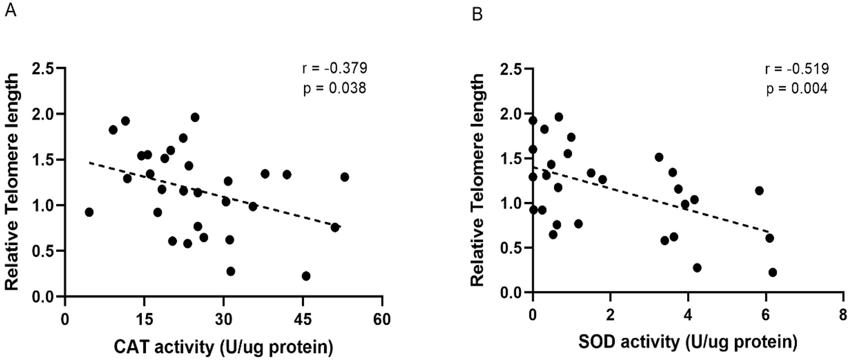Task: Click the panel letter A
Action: (x=10, y=10)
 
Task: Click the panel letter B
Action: (x=477, y=14)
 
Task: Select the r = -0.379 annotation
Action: (x=334, y=68)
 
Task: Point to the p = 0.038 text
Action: (x=334, y=88)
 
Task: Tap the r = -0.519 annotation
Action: (x=796, y=69)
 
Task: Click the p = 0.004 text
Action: (x=796, y=88)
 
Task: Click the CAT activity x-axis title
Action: (x=223, y=347)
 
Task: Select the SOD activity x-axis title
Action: (x=688, y=343)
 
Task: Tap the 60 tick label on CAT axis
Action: (x=382, y=319)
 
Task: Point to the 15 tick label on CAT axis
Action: (x=144, y=319)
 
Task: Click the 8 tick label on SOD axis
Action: (x=842, y=315)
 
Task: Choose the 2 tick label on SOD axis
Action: (x=610, y=315)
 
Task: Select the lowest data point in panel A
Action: (x=306, y=276)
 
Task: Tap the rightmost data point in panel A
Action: (x=344, y=177)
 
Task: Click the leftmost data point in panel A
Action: (x=89, y=212)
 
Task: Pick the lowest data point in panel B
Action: (x=772, y=272)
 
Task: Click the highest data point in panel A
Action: (x=195, y=117)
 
